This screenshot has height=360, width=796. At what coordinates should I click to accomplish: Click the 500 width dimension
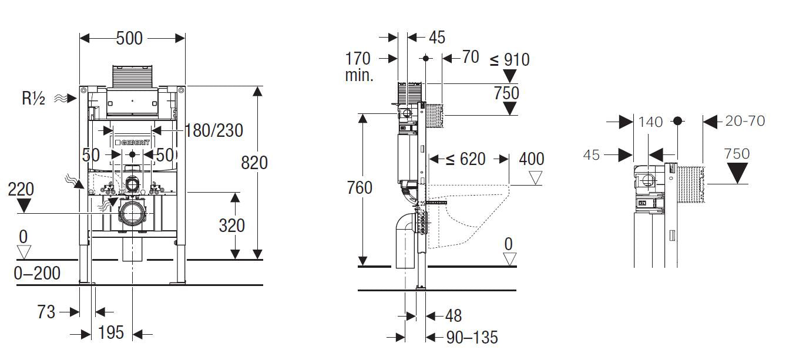coord(129,38)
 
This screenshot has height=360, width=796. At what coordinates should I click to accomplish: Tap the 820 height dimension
coord(254,163)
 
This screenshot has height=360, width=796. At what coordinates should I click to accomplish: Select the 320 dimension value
coord(231,226)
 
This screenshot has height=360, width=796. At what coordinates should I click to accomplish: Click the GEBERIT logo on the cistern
coord(133,143)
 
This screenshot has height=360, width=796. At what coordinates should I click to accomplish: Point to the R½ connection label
coord(33,99)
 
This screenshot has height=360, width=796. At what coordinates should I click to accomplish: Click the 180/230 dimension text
coord(214,130)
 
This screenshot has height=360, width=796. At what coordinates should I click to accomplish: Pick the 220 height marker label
coord(21,189)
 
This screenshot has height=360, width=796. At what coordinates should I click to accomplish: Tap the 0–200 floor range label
coord(37,273)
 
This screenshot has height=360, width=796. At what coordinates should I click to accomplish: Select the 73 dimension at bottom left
coord(46,312)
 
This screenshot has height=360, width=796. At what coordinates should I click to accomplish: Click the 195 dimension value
coord(111,332)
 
